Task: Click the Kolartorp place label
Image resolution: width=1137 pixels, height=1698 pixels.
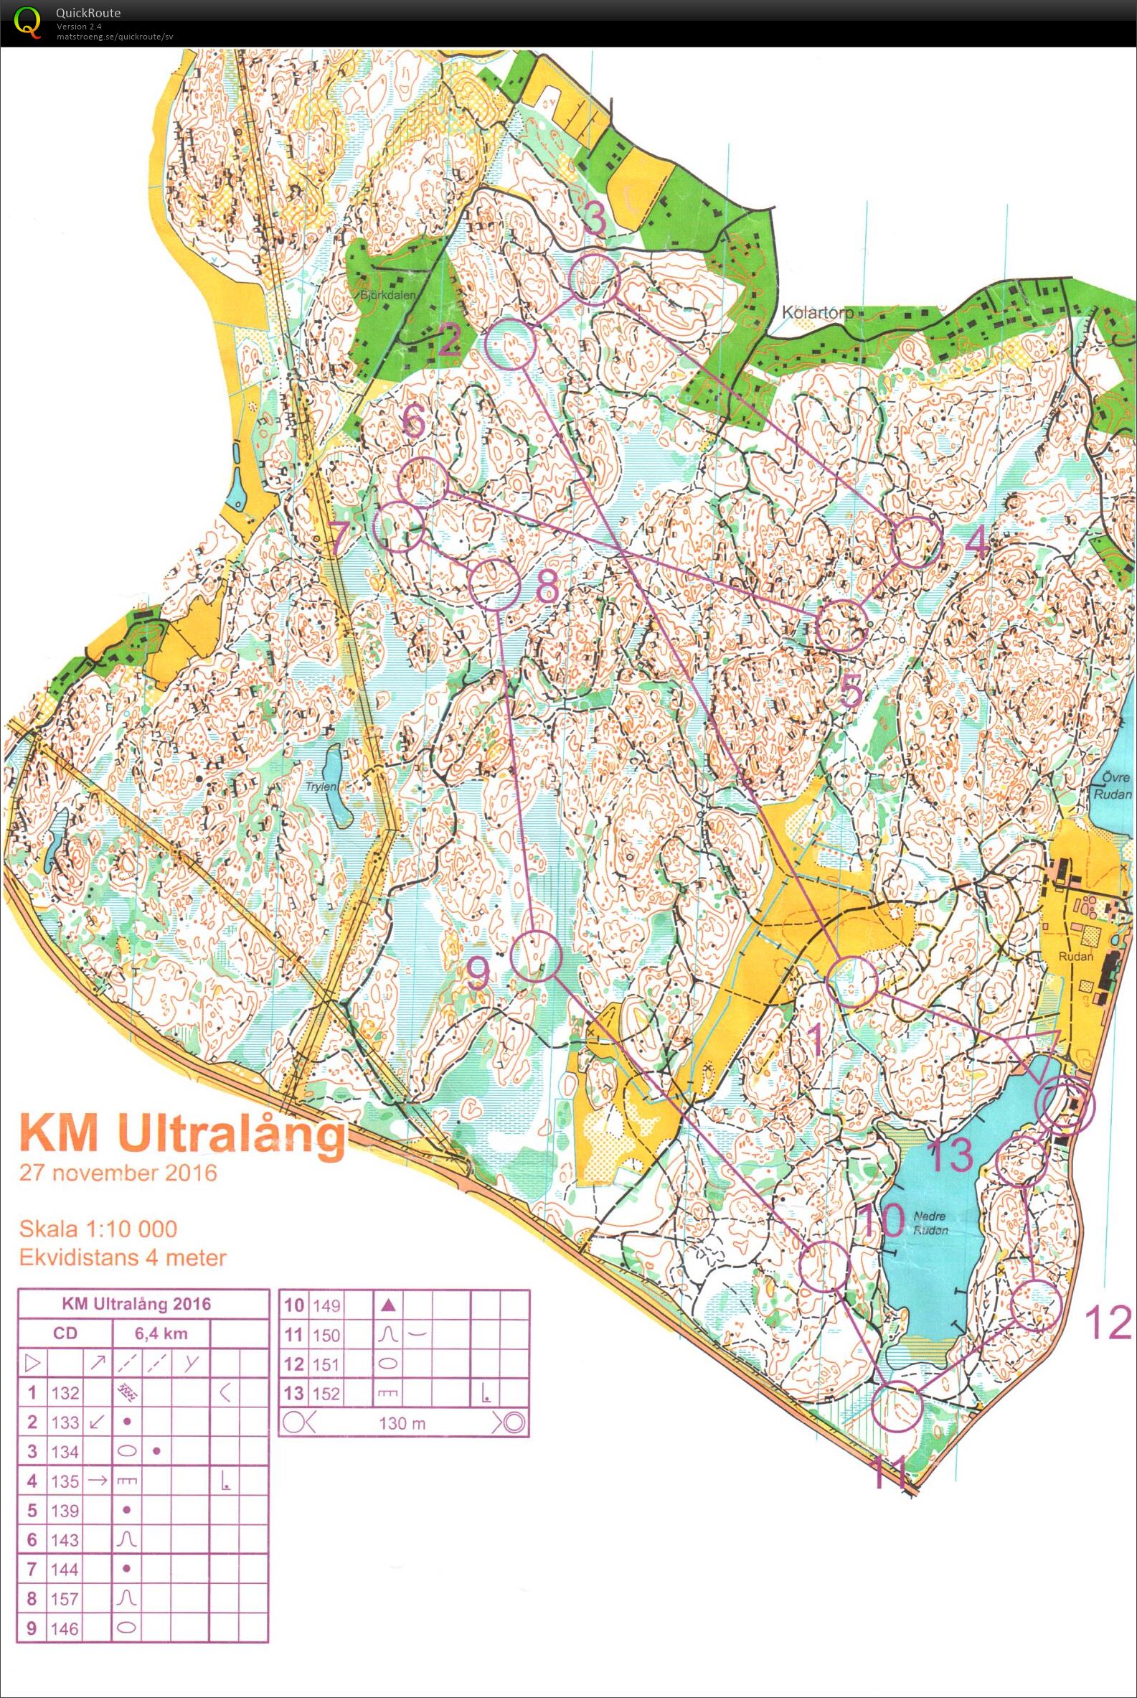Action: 814,313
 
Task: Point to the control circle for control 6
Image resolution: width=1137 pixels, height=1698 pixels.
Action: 423,483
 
